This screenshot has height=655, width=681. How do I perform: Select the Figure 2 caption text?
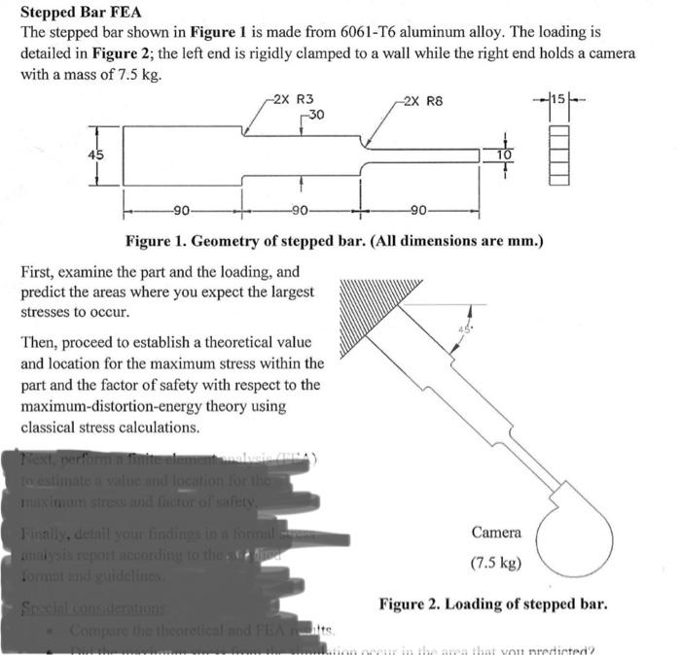[493, 604]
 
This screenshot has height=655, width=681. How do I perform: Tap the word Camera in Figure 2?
[496, 533]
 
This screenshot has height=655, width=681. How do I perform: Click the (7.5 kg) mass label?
[496, 563]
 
